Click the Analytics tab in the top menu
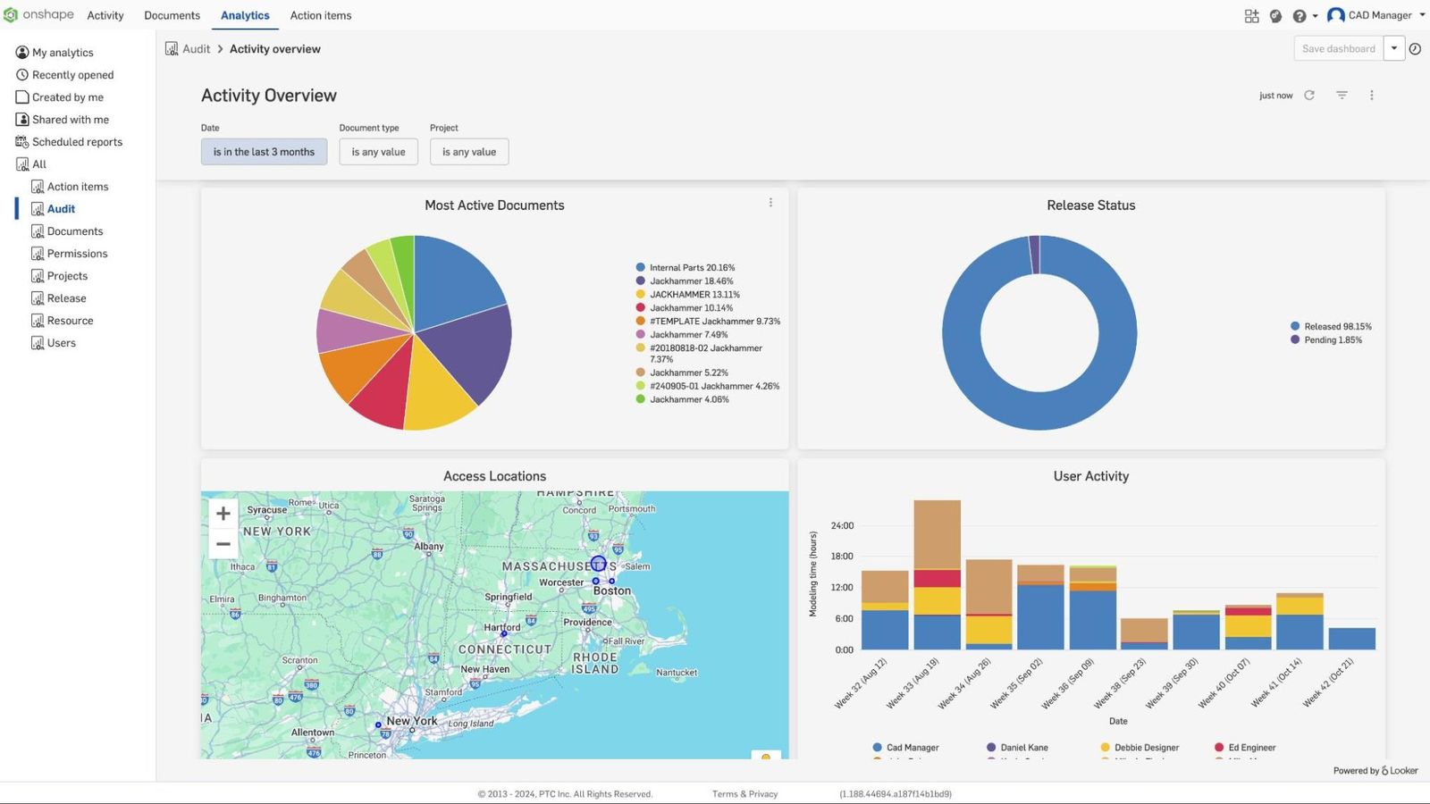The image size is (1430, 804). coord(245,15)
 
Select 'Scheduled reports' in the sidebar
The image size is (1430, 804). coord(77,142)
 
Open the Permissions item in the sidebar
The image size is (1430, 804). coord(77,254)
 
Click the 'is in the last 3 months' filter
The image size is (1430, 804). coord(264,152)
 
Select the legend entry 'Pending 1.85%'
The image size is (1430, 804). coord(1332,340)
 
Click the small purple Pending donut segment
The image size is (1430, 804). coord(1034,255)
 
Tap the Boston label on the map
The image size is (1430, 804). coord(612,591)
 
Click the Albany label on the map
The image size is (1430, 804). coord(429,547)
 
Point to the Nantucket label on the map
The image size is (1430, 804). coord(677,673)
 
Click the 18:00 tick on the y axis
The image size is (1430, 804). coord(842,557)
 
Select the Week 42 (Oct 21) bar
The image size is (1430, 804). coord(1351,638)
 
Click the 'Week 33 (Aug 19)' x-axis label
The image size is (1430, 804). coord(913,683)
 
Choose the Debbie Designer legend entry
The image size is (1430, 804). coord(1146,748)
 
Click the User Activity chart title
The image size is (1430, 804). coord(1090,476)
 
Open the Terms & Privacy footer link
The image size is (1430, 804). coord(744,794)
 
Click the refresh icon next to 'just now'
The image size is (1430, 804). coord(1309,96)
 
